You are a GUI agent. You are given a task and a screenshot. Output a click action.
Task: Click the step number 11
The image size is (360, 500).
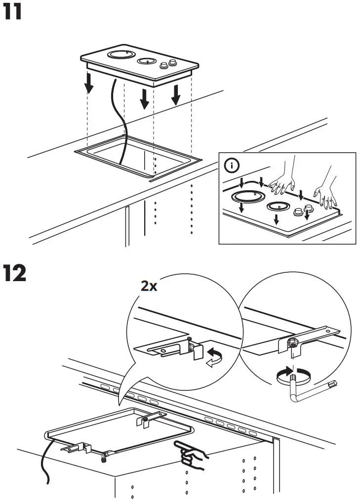pos(13,12)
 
